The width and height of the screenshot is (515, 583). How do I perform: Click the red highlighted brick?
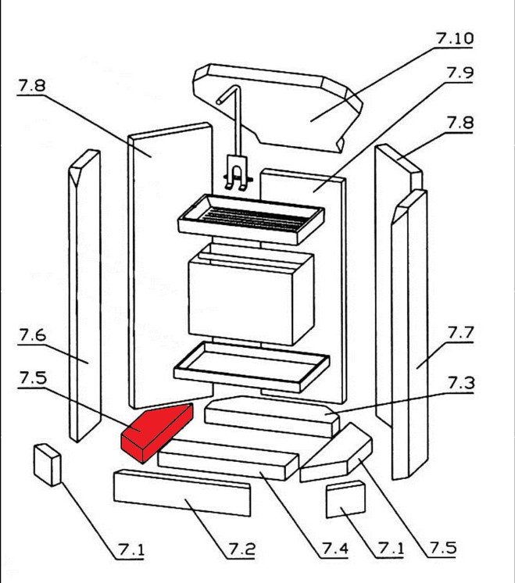click(155, 431)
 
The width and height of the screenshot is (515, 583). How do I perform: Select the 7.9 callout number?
click(460, 73)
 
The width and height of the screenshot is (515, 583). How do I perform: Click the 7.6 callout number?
click(32, 337)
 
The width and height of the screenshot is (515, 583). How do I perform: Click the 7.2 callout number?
click(241, 550)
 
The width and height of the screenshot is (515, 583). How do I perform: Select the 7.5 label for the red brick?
click(32, 378)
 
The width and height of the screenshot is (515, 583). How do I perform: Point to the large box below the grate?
click(250, 297)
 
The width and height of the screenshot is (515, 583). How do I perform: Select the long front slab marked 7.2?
click(182, 493)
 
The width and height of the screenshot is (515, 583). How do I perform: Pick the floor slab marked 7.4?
click(227, 460)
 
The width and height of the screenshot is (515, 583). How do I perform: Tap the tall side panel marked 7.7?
click(410, 336)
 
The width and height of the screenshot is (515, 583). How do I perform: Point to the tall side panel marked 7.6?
click(84, 297)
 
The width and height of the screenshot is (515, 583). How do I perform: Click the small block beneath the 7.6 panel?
click(47, 464)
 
